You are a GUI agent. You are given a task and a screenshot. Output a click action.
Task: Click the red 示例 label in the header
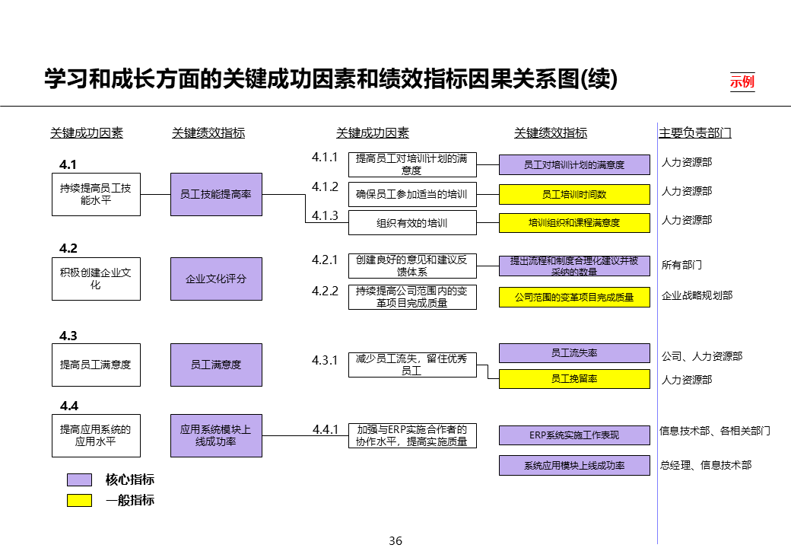(x=742, y=81)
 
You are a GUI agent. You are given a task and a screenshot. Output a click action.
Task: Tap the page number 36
(x=395, y=541)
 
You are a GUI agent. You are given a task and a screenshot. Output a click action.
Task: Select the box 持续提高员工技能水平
(x=96, y=194)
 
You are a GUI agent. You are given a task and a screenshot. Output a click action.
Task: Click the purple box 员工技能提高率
(x=216, y=194)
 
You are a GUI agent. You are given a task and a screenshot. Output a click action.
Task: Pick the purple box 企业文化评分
(x=216, y=279)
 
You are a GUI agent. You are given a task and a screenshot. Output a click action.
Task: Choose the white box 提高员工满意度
(x=96, y=365)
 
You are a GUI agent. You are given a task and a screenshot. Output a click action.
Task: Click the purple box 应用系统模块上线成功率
(x=216, y=435)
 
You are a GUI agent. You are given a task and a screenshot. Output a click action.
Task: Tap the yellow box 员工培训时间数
(x=574, y=194)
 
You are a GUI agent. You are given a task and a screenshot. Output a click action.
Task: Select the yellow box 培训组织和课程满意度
(x=574, y=223)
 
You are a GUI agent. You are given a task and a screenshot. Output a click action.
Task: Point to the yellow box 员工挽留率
(x=574, y=378)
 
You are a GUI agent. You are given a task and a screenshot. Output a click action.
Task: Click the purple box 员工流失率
(x=574, y=353)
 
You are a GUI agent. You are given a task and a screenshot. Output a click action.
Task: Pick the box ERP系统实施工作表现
(x=574, y=435)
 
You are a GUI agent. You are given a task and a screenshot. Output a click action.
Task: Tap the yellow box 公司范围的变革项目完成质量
(x=574, y=297)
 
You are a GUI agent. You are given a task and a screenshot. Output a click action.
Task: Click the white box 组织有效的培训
(x=412, y=223)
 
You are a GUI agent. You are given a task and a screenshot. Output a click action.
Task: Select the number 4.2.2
(x=325, y=291)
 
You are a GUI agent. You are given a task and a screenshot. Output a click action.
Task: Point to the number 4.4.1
(x=325, y=430)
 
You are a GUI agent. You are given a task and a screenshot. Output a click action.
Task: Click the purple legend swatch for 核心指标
(x=79, y=480)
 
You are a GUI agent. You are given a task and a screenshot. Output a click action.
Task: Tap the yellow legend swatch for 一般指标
(x=79, y=500)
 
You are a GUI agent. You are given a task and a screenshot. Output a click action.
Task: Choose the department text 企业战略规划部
(x=697, y=295)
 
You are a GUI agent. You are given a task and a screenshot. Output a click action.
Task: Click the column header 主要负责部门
(x=695, y=133)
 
